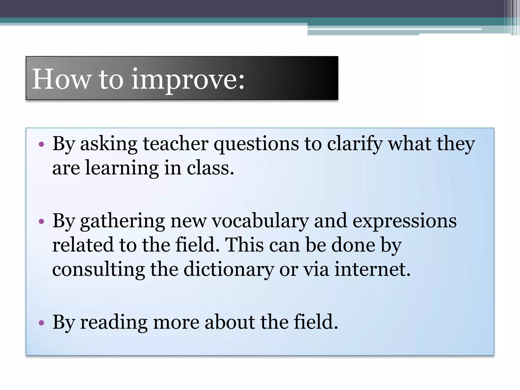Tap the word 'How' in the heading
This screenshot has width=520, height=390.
click(61, 79)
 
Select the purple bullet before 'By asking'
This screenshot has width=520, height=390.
click(41, 145)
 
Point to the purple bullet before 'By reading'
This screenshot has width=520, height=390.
click(41, 323)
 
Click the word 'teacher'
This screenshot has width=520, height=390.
click(175, 144)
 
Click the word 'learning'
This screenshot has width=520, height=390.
click(122, 169)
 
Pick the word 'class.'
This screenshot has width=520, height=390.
click(210, 168)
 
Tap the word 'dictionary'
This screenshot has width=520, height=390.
click(229, 270)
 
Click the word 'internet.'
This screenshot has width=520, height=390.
click(372, 269)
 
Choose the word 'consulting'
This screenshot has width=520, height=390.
click(99, 270)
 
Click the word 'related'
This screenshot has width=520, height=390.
click(83, 245)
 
